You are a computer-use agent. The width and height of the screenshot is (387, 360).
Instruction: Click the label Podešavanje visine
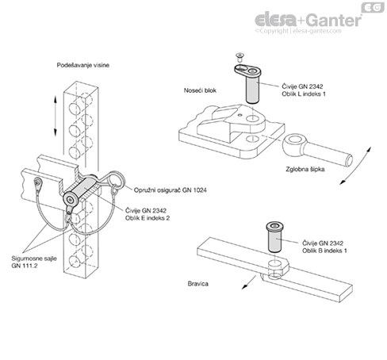(83, 65)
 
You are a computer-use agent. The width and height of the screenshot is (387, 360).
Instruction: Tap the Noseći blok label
(200, 90)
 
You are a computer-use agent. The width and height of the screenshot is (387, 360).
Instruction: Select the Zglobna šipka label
(305, 169)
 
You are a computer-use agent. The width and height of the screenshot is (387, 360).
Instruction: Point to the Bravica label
(198, 284)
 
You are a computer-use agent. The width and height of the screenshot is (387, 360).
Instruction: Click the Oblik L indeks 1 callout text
(304, 94)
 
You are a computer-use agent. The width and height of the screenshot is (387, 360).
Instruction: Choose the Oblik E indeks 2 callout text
(148, 218)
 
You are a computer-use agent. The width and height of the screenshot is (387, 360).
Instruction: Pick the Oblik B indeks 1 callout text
(324, 251)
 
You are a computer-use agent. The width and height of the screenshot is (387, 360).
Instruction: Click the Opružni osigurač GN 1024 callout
(171, 190)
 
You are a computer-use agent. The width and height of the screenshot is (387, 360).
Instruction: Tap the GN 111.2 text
(25, 266)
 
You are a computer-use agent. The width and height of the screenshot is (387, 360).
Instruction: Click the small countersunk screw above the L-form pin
(239, 56)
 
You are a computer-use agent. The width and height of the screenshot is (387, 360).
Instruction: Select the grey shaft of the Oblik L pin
(252, 90)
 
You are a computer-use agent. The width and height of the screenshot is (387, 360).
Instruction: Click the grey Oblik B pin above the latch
(274, 237)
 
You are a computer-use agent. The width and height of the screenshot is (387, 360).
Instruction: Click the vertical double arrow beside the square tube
(56, 116)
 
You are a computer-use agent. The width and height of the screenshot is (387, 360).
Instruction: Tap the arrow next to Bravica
(249, 282)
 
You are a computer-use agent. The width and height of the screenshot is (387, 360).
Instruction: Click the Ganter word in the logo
(335, 21)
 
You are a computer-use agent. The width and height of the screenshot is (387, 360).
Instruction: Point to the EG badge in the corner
(373, 7)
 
